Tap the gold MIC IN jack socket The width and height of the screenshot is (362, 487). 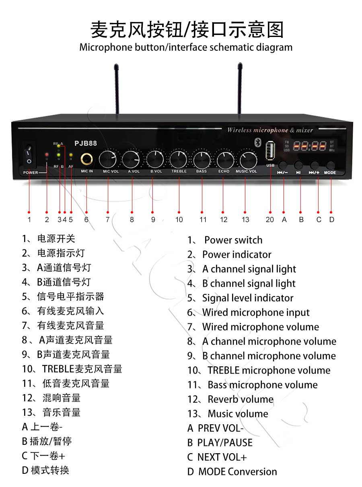point(86,159)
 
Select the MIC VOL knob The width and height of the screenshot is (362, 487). point(108,160)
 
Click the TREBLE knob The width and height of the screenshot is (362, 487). point(178,159)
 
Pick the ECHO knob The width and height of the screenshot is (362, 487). point(225,160)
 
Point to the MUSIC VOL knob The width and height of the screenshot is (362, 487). point(248,160)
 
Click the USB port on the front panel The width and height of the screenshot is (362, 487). point(270,151)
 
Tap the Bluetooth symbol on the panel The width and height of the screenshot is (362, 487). point(258,142)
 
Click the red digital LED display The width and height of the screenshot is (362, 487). point(309,146)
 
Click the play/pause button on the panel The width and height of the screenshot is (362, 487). point(298,165)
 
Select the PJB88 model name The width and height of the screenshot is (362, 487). point(85,144)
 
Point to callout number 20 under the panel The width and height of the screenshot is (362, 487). point(269,219)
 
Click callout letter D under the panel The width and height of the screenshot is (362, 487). point(331,219)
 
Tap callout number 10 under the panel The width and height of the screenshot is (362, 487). point(179,219)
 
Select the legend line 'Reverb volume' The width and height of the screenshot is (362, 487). point(240,399)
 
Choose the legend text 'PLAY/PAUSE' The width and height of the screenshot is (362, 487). point(225,442)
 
